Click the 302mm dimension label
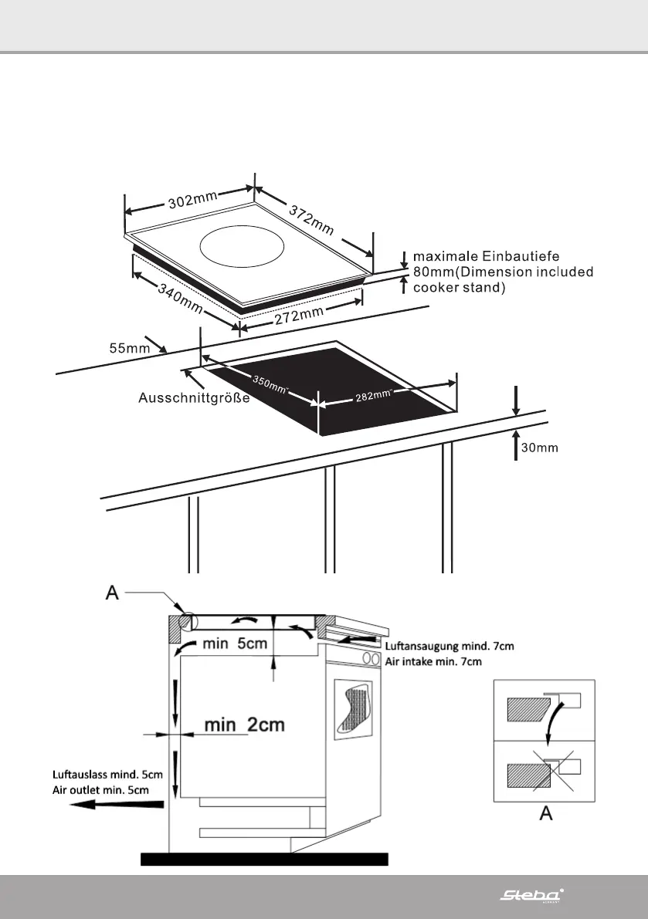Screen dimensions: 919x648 click(192, 201)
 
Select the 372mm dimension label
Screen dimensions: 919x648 click(311, 220)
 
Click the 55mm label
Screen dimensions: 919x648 click(128, 348)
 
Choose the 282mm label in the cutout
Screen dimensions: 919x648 click(372, 395)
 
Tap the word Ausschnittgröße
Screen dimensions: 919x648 click(194, 398)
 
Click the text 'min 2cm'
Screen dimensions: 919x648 click(244, 725)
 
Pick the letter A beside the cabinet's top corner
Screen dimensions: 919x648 click(111, 594)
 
